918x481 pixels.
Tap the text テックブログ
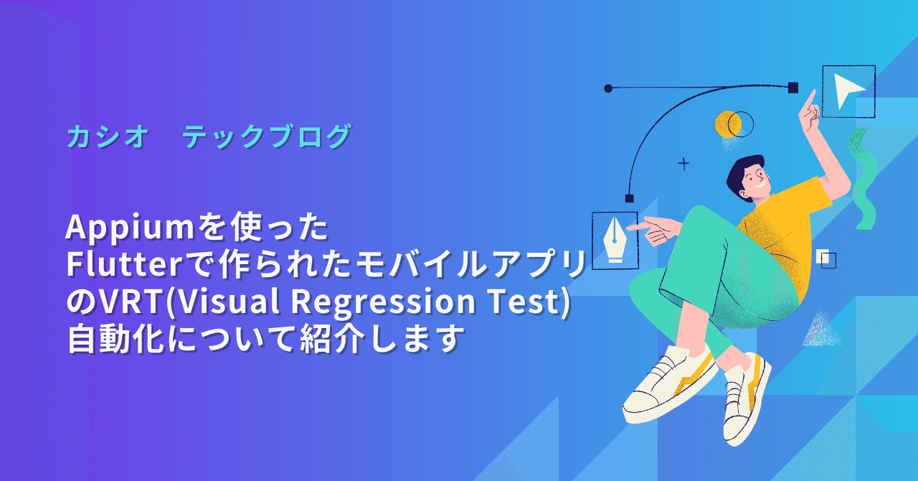click(x=266, y=136)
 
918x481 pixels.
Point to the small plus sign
click(x=683, y=164)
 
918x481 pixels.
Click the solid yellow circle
click(x=726, y=124)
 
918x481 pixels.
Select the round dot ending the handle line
click(x=608, y=88)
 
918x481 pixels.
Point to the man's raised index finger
click(x=811, y=97)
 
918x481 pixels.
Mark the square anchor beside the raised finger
click(x=793, y=88)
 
